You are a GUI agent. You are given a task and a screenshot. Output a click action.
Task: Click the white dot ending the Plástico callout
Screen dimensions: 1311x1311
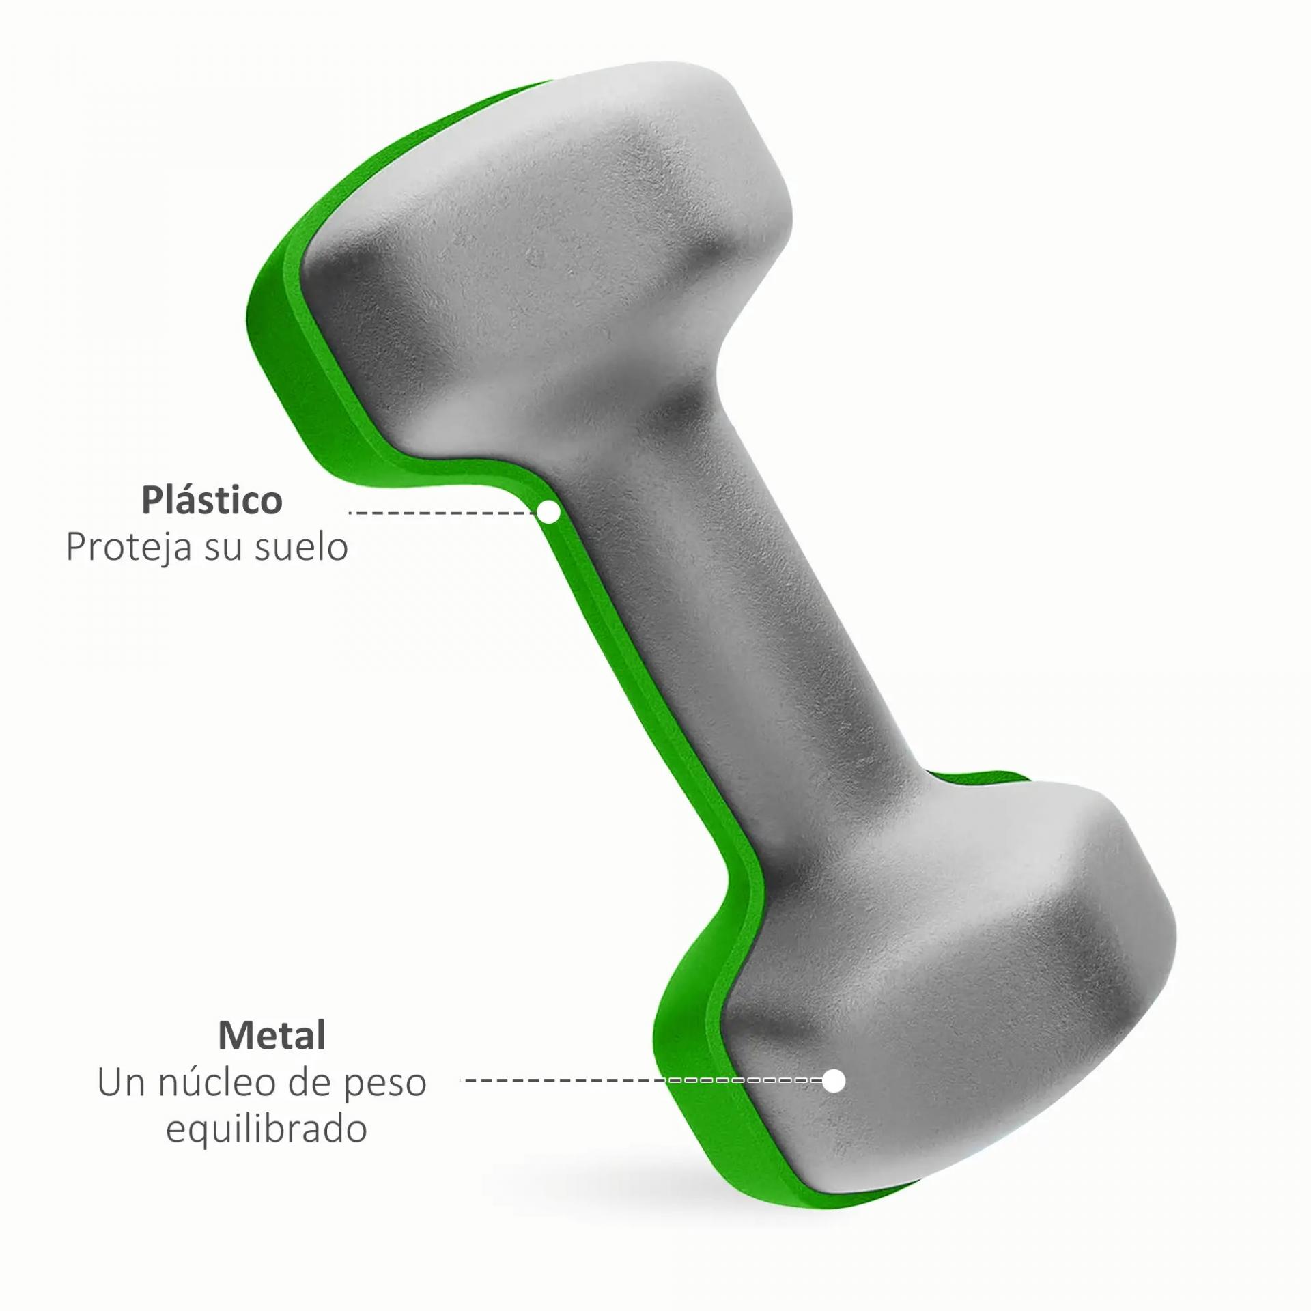click(x=548, y=511)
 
